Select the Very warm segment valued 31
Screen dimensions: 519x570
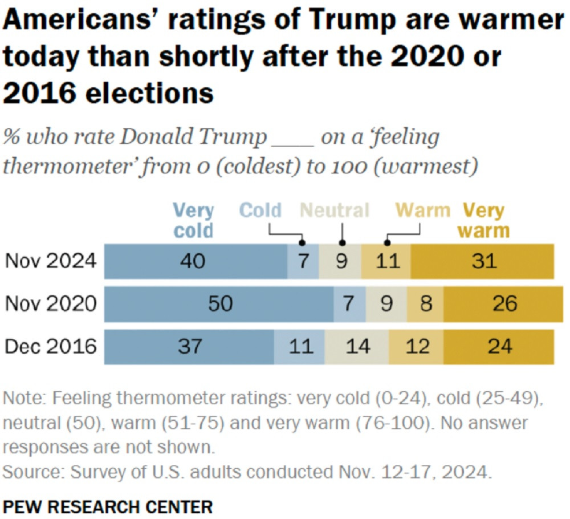click(x=482, y=262)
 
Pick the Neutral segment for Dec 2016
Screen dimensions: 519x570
click(x=357, y=346)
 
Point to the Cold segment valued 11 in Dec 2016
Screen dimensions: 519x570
click(x=299, y=346)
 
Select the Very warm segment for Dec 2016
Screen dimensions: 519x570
click(x=499, y=346)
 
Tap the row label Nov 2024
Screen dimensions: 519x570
click(x=51, y=262)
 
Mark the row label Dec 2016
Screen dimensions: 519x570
click(x=51, y=346)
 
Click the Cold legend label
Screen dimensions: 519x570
click(x=260, y=210)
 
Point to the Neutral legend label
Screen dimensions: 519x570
click(x=335, y=210)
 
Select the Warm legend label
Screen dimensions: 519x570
click(x=423, y=210)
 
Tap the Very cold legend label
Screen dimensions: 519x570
click(x=193, y=221)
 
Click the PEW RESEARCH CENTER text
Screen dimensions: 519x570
click(x=108, y=505)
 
